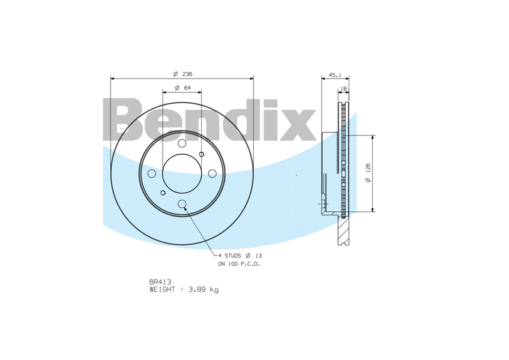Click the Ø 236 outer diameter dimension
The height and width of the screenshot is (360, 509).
coord(182,74)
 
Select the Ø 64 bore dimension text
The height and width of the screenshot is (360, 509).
coord(182,88)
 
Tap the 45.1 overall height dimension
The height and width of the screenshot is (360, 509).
coord(335,76)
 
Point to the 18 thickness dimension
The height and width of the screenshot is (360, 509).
coord(343,89)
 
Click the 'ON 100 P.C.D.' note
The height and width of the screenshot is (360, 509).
coord(239,263)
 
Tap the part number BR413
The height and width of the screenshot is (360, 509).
coord(157,282)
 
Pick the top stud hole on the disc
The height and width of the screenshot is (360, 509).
coord(182,143)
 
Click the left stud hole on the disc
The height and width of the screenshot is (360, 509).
coord(152,173)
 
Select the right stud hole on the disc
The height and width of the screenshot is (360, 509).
coord(212,173)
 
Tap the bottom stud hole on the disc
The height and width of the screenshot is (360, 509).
coord(182,204)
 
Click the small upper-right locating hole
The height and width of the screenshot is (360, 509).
coord(202,154)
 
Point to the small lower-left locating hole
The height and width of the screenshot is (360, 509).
coord(163,193)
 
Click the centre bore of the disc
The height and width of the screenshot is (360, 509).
coord(182,173)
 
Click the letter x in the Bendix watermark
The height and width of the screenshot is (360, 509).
coord(298,125)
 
